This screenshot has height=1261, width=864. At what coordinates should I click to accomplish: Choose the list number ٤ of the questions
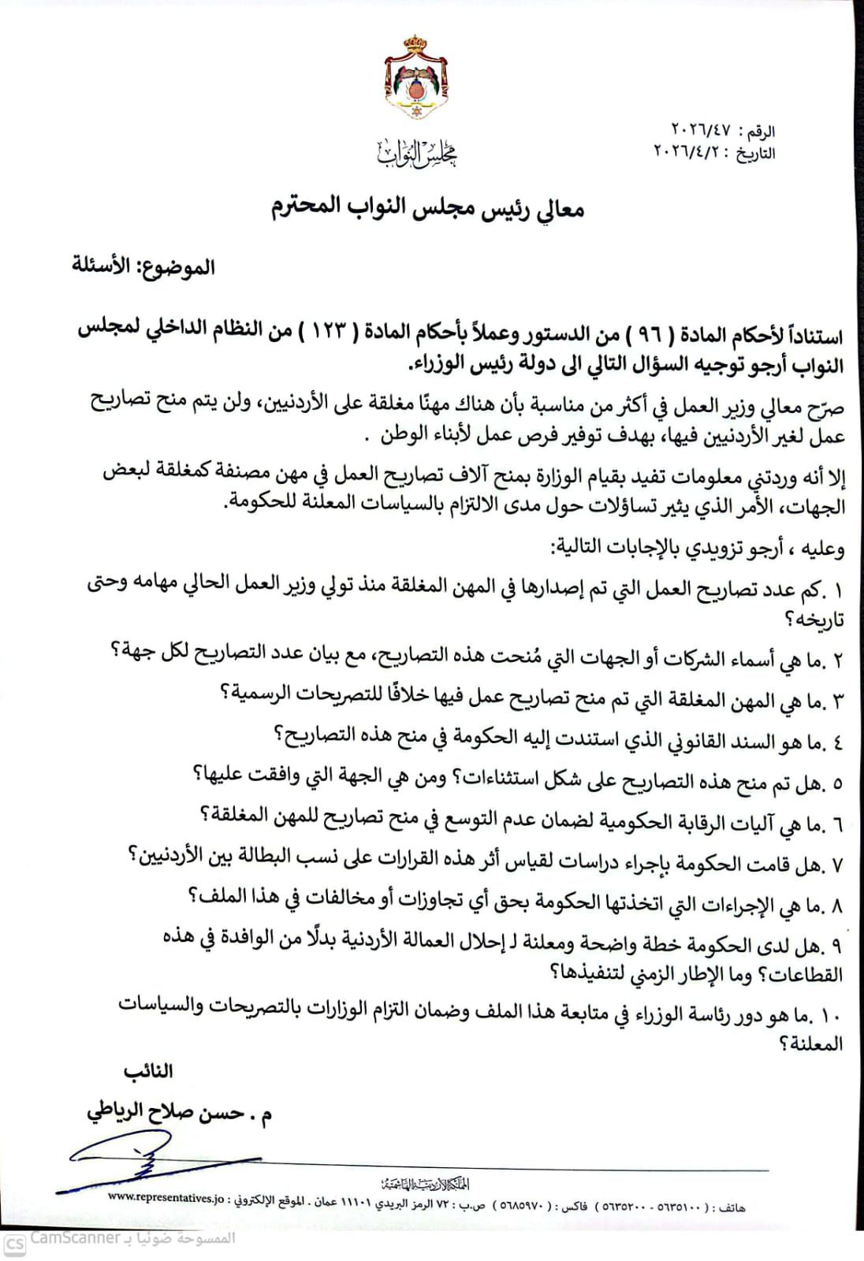[x=837, y=742]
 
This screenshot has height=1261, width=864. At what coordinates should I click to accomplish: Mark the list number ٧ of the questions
[x=837, y=865]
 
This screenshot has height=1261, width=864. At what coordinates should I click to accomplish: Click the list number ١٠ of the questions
[x=831, y=1017]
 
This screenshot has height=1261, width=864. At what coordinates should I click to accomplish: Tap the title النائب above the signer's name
[x=147, y=1072]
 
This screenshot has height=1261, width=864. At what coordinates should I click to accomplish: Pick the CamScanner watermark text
[x=75, y=1240]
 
